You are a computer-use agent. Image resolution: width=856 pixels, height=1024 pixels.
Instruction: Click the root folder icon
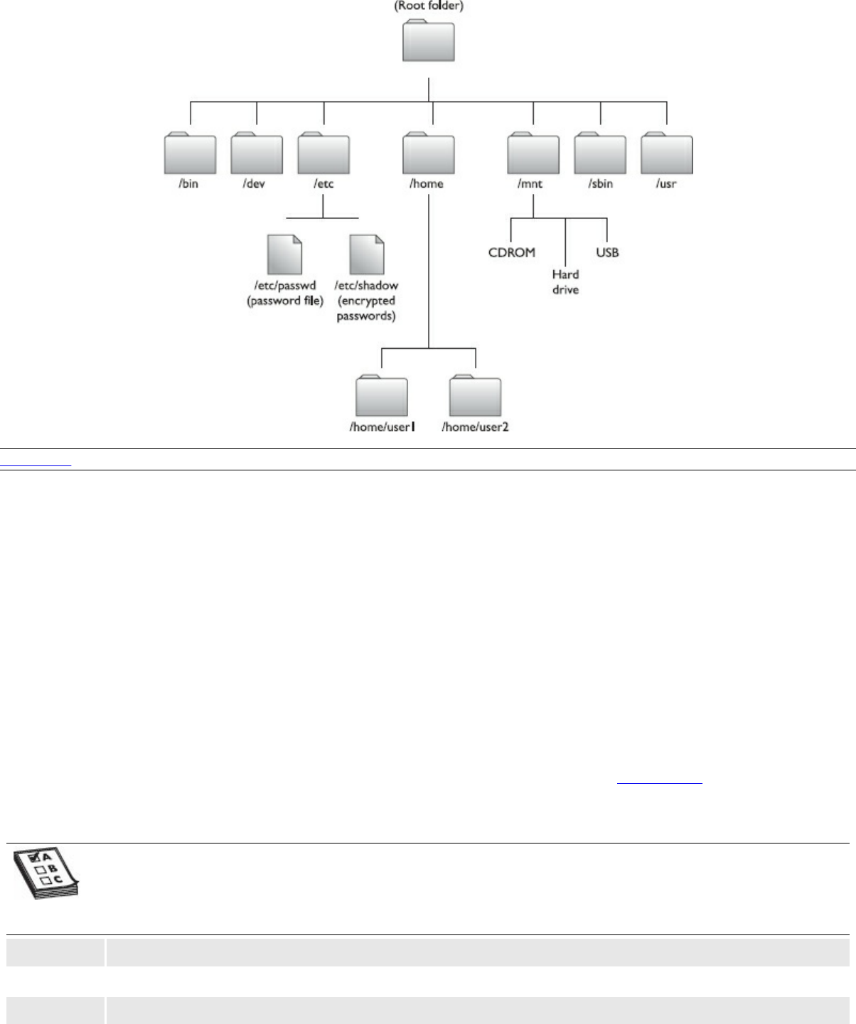tap(429, 42)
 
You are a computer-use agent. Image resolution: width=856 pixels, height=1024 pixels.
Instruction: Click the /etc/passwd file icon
tap(284, 255)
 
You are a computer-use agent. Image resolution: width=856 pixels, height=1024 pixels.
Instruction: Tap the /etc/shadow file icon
tap(367, 255)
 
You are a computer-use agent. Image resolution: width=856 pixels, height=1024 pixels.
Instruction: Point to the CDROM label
tap(512, 252)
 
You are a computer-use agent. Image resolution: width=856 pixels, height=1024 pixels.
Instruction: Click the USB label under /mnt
tap(607, 252)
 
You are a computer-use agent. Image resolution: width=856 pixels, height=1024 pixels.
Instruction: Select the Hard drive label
tap(565, 282)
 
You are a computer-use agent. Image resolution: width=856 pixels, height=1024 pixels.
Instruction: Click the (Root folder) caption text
tap(429, 6)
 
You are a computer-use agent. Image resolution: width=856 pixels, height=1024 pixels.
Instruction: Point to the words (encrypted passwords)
tap(366, 308)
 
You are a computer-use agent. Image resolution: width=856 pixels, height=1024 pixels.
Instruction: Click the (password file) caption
tap(285, 301)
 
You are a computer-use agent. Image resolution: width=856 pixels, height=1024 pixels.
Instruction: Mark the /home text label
tap(427, 183)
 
